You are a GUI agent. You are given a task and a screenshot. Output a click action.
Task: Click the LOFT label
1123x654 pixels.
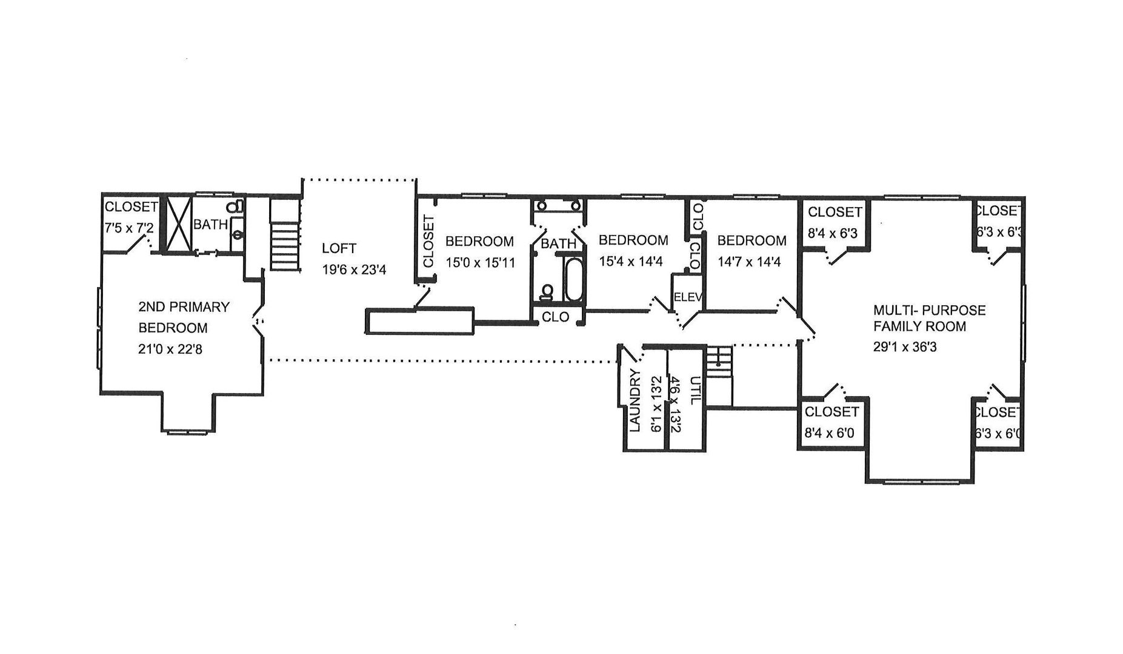pos(339,248)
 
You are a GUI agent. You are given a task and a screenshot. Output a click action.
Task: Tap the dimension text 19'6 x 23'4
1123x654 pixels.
pos(354,269)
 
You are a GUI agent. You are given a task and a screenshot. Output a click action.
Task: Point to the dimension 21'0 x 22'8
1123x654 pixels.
pos(170,349)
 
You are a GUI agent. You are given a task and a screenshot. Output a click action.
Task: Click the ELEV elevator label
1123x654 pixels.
pos(688,297)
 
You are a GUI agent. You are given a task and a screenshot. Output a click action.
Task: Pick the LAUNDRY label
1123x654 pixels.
pos(635,400)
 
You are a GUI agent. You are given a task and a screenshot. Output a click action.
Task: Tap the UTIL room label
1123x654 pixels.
pos(696,391)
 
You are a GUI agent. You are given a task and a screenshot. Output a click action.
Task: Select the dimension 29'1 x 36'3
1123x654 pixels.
pos(905,348)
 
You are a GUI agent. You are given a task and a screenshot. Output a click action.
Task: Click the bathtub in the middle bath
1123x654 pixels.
pos(573,280)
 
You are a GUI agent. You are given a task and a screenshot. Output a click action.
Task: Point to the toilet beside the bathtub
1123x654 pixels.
pos(548,292)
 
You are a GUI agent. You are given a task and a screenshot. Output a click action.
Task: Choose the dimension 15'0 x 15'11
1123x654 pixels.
pos(480,263)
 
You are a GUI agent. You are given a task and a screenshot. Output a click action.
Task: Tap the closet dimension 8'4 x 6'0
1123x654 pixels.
pos(830,433)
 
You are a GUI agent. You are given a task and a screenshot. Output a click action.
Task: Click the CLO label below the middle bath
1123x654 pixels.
pos(555,317)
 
